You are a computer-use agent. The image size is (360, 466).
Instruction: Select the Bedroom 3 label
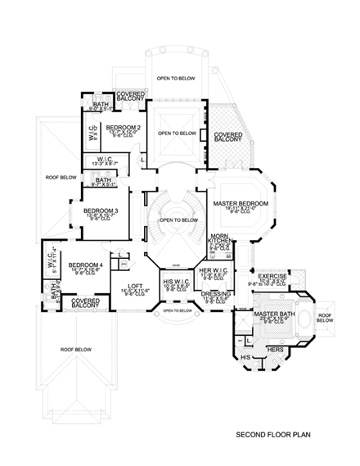[100, 210]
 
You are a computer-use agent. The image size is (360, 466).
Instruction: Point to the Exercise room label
[272, 277]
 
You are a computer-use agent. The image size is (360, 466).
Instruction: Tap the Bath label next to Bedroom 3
[104, 180]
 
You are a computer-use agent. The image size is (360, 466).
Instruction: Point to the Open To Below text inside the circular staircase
[178, 219]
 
